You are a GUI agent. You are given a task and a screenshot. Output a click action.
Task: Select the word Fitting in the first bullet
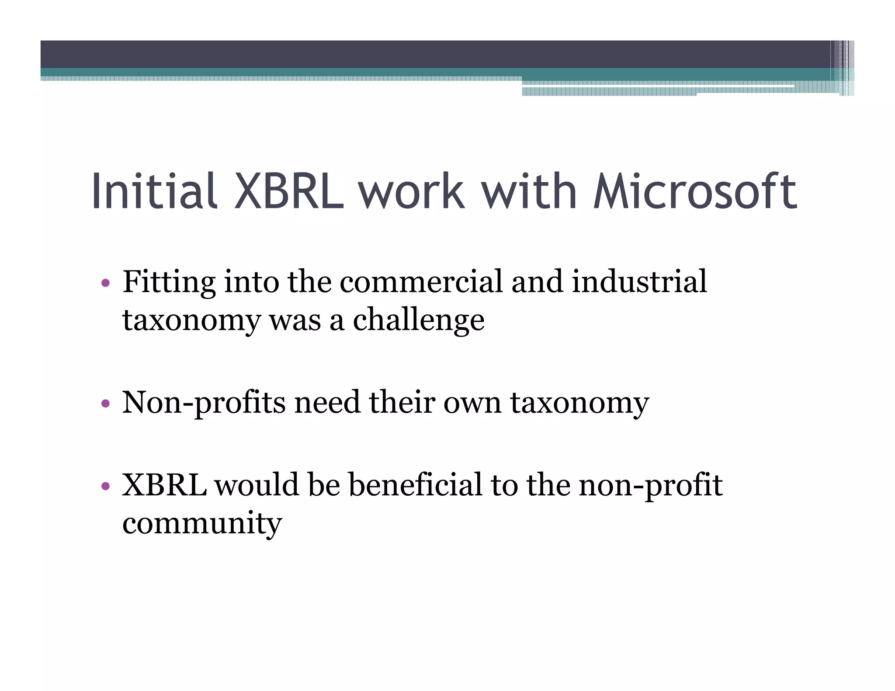pyautogui.click(x=169, y=282)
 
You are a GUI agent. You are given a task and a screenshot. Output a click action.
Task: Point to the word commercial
pyautogui.click(x=421, y=282)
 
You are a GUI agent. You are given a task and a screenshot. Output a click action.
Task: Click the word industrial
pyautogui.click(x=639, y=282)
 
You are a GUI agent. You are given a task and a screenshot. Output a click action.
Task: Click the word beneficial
pyautogui.click(x=415, y=485)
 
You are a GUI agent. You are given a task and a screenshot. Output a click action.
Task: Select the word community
pyautogui.click(x=202, y=523)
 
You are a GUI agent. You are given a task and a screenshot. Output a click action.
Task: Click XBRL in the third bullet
pyautogui.click(x=164, y=485)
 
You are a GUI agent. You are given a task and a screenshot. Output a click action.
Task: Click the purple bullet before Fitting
pyautogui.click(x=105, y=283)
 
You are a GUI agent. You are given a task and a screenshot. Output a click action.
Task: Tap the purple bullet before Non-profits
pyautogui.click(x=105, y=403)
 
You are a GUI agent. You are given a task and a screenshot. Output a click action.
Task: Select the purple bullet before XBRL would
pyautogui.click(x=105, y=486)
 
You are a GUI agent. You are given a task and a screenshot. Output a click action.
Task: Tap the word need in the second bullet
pyautogui.click(x=328, y=403)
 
